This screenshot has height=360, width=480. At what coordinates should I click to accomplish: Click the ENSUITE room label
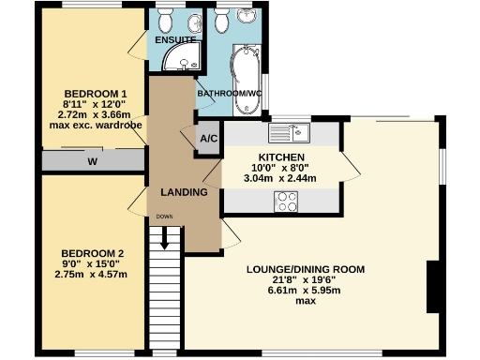pos(175,40)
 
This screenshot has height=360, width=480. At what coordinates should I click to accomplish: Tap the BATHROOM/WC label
pos(229,94)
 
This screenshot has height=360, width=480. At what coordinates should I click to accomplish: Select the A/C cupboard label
pos(208,139)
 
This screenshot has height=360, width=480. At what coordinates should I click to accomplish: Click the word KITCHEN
pos(280,156)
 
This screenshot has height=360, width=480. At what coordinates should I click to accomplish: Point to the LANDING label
pos(183,192)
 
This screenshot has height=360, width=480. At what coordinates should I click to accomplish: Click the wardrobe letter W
pos(92,161)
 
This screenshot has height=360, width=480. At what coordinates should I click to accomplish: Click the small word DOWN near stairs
pos(165,217)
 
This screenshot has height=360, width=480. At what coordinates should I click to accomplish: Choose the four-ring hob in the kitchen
pos(285,201)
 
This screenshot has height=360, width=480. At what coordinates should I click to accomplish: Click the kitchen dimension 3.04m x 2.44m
pos(279,178)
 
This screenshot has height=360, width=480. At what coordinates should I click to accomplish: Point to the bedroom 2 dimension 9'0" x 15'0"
pos(91,264)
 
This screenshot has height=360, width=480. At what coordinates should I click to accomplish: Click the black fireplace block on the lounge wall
pos(432,288)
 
